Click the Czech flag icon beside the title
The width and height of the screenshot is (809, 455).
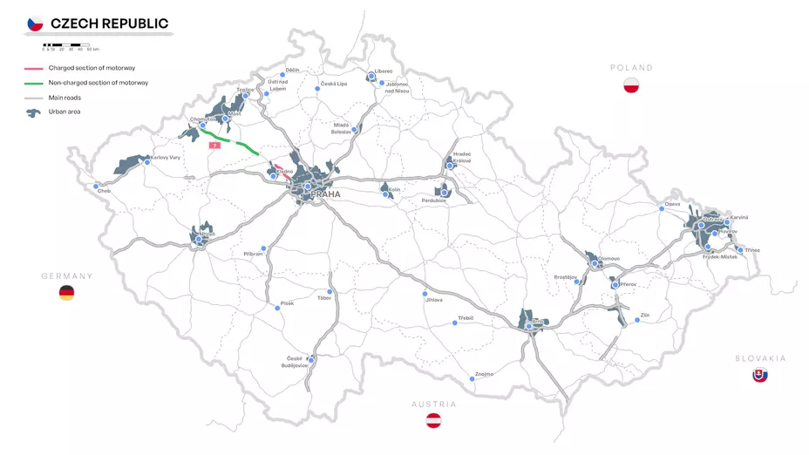pos(35,24)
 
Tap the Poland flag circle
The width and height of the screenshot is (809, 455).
pos(631,85)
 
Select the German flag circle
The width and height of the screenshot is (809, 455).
pos(66,293)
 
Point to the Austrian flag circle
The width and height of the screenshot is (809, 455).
pos(433,421)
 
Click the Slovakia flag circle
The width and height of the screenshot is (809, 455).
pos(760,375)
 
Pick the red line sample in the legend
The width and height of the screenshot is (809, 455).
pos(34,68)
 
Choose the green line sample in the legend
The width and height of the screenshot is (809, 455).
pos(34,83)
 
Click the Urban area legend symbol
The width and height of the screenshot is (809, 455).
pos(34,112)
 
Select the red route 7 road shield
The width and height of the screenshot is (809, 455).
pos(214,146)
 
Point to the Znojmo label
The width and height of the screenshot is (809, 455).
pos(484,374)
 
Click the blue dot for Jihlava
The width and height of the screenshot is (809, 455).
pos(425,293)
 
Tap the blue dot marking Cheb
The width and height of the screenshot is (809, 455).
pos(96,186)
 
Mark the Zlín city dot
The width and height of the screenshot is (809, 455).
pos(637,320)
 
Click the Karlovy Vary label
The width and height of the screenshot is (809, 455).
pos(166,158)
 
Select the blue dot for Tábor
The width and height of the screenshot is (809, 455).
pos(330,291)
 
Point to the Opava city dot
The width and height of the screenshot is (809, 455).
pos(662,209)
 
